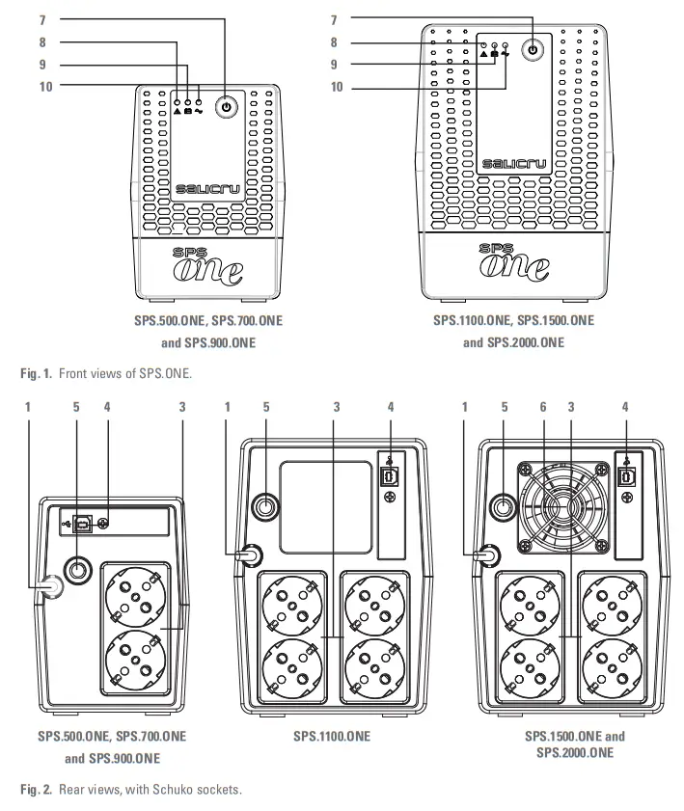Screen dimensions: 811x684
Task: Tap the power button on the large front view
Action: click(x=533, y=48)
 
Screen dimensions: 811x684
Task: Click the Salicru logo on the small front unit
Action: click(x=208, y=190)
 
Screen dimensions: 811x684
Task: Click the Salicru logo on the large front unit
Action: click(x=514, y=164)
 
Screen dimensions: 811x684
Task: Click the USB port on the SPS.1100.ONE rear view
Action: click(x=390, y=476)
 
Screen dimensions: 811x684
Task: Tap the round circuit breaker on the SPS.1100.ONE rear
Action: click(x=263, y=505)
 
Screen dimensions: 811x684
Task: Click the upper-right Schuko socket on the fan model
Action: click(x=612, y=604)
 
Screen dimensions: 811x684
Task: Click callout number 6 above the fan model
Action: click(x=542, y=407)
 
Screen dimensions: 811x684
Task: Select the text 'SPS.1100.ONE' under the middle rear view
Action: click(x=332, y=737)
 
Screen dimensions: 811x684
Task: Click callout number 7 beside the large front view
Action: click(x=334, y=19)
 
